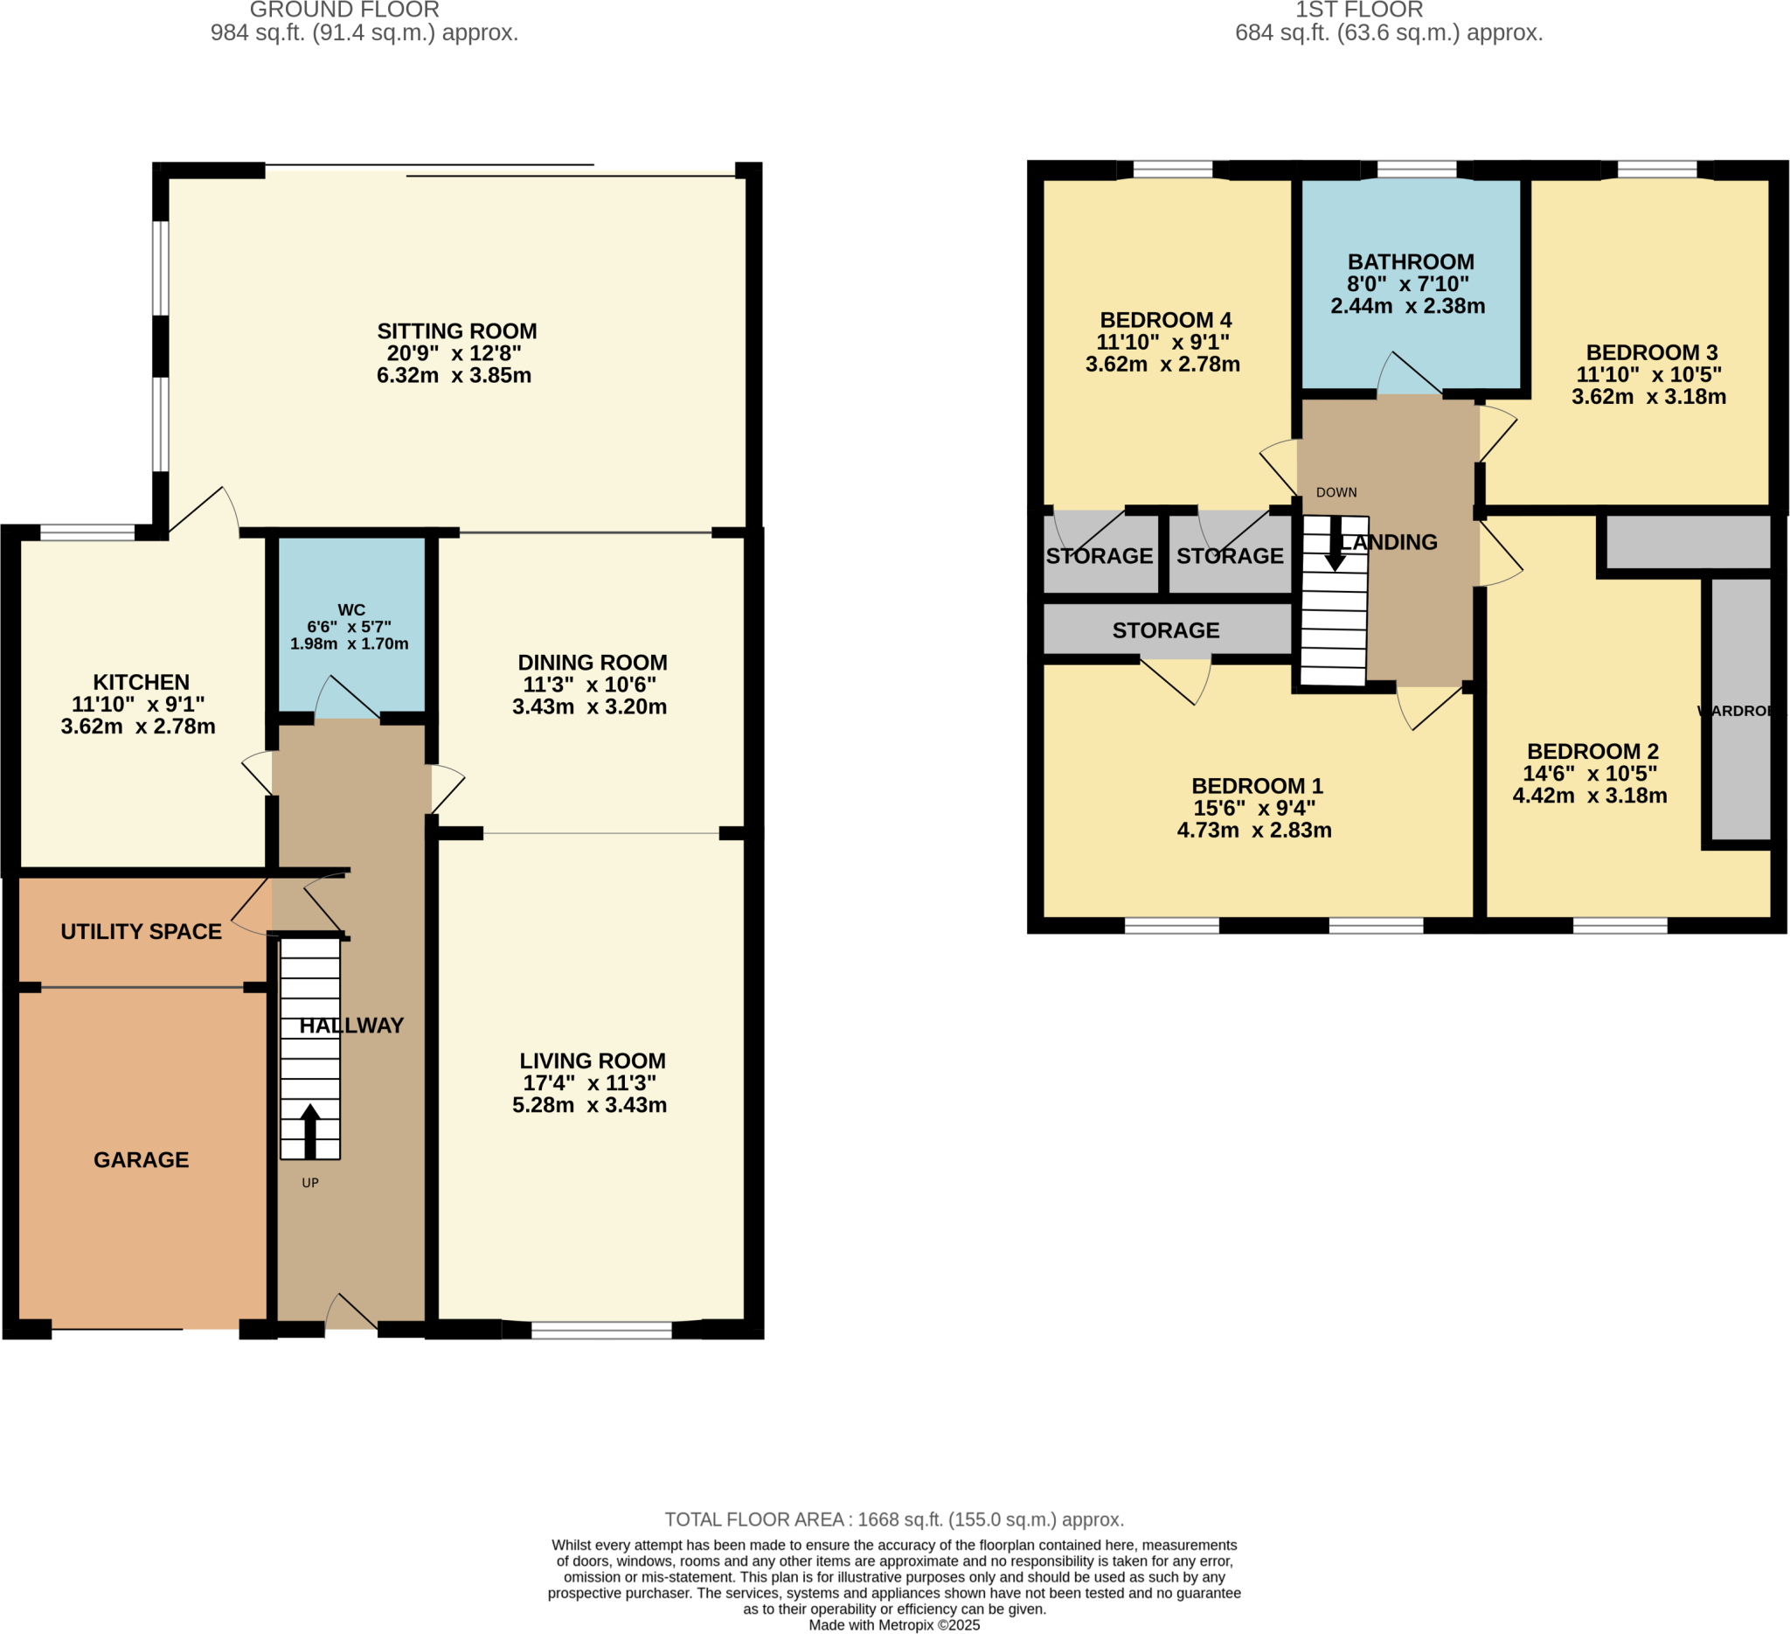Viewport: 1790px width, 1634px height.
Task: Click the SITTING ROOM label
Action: coord(456,331)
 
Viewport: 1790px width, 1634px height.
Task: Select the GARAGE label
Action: coord(142,1160)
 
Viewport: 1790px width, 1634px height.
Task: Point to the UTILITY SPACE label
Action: coord(142,932)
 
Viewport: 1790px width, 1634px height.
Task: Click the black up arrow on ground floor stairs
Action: coord(310,1130)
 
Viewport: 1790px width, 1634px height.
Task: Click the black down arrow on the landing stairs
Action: coord(1335,545)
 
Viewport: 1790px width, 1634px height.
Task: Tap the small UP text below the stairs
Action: coord(310,1183)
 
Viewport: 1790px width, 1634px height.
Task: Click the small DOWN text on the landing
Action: coord(1336,492)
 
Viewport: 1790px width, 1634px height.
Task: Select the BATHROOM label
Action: coord(1411,262)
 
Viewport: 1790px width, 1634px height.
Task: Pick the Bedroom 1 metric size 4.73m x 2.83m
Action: coord(1253,831)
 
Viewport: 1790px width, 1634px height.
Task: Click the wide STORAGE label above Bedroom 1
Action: coord(1166,630)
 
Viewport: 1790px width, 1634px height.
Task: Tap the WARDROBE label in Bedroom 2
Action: coord(1737,711)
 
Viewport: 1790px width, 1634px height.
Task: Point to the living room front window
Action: coord(601,1330)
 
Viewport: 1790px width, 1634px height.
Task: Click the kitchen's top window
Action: coord(87,532)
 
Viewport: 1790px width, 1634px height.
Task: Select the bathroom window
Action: coord(1416,170)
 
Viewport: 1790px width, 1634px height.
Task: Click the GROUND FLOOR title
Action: coord(344,10)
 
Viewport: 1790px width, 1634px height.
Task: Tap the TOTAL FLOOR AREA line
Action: coord(894,1519)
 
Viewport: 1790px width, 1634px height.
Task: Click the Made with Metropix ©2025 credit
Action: coord(894,1625)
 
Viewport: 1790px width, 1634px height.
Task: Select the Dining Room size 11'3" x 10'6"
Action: coord(590,685)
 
